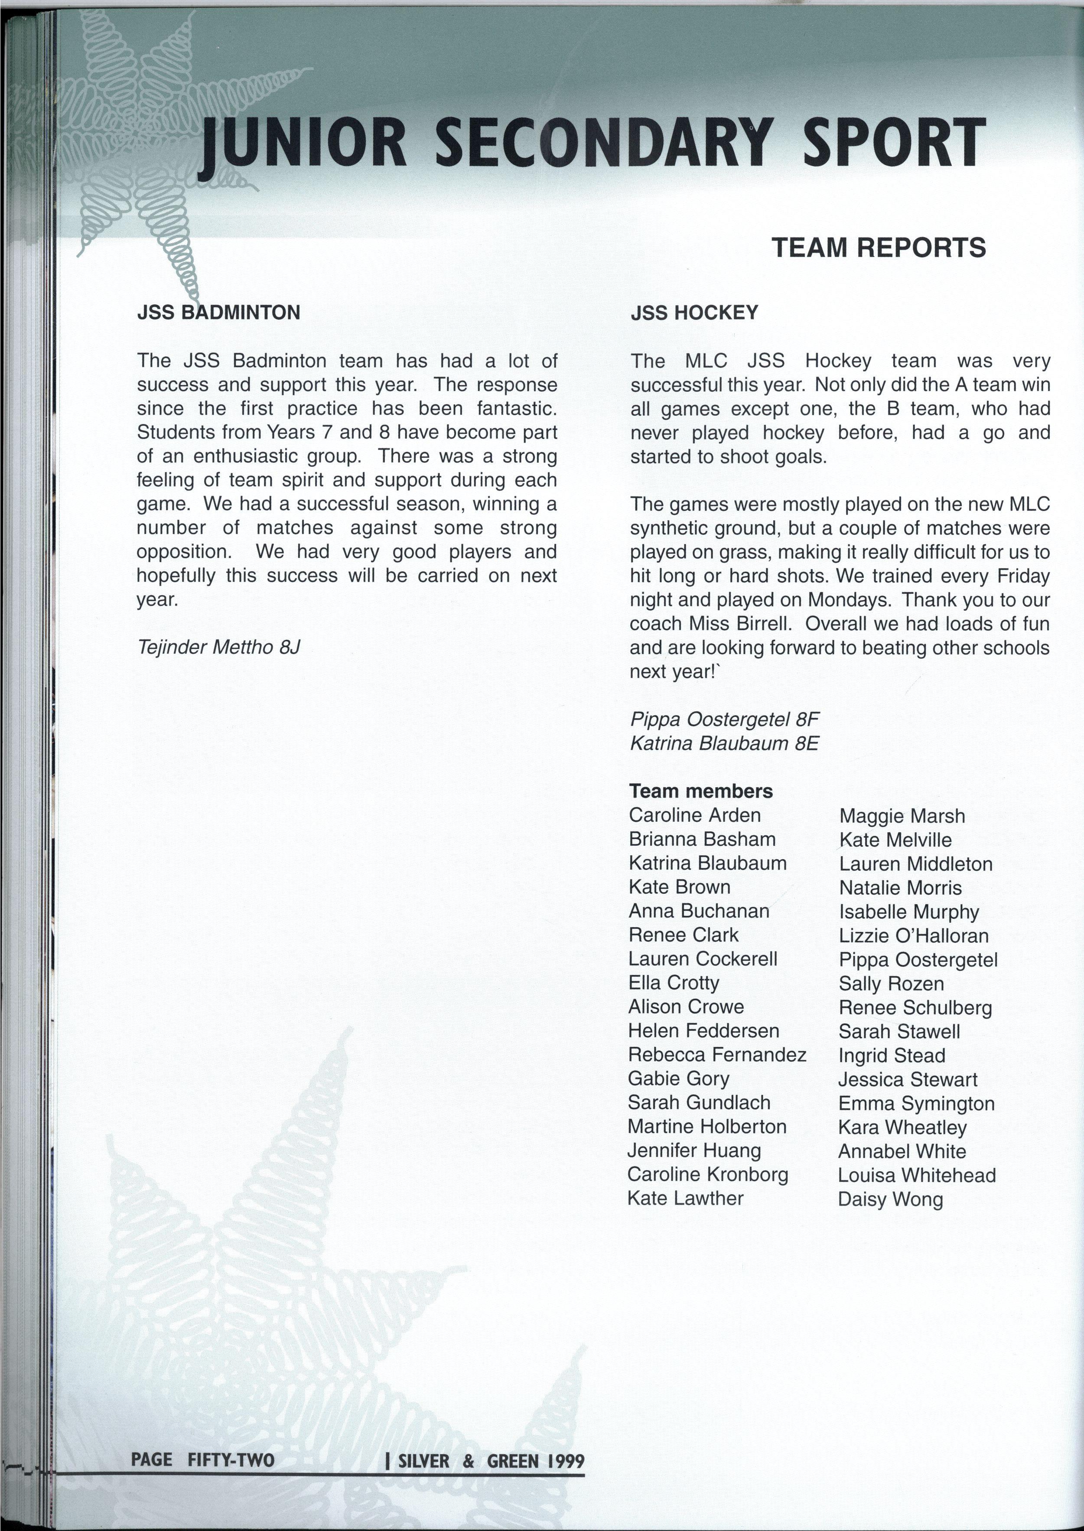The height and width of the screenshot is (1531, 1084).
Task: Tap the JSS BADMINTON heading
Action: click(x=218, y=313)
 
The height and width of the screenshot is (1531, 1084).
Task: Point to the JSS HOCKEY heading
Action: click(x=694, y=313)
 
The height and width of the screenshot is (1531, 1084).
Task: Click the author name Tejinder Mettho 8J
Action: click(x=219, y=647)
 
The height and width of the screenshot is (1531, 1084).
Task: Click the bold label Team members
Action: click(x=701, y=791)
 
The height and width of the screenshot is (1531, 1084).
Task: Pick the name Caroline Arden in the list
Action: click(x=694, y=815)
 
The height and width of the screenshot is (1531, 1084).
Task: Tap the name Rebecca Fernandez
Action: click(x=717, y=1055)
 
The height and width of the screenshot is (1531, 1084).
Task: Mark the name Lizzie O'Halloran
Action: click(x=913, y=936)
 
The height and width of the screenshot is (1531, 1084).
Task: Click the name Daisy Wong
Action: click(x=890, y=1199)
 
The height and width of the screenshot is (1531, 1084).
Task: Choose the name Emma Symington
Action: click(x=916, y=1103)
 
